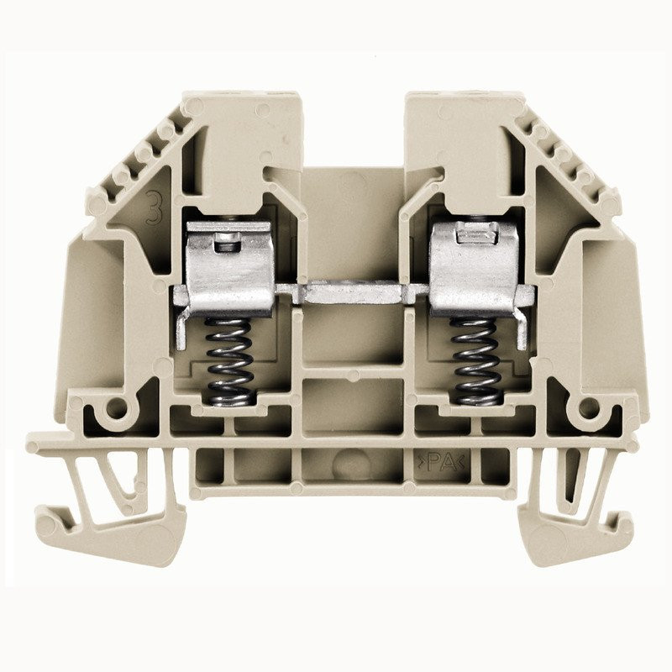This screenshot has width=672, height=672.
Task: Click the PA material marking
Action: tap(434, 459)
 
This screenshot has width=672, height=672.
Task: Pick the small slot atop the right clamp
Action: tap(465, 239)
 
